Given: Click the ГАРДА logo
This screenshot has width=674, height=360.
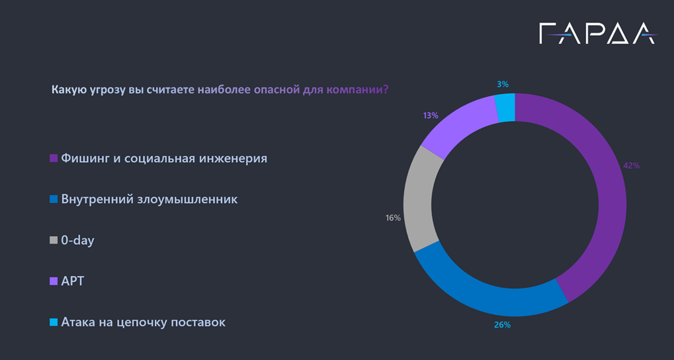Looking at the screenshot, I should click(597, 33).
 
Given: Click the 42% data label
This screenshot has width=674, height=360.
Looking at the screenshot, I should click(632, 165).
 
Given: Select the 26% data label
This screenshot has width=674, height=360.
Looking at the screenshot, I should click(502, 325).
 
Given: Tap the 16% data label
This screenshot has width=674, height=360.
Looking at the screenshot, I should click(393, 218).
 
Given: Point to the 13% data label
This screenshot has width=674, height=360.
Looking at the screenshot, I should click(431, 115).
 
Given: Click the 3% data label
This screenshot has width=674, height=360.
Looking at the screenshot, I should click(503, 84).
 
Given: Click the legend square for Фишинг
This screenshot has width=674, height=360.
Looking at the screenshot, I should click(54, 159).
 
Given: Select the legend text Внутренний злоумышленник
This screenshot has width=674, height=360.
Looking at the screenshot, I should click(149, 199).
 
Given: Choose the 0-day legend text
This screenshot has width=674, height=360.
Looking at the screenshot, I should click(77, 240).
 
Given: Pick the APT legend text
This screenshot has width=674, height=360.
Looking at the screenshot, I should click(73, 281).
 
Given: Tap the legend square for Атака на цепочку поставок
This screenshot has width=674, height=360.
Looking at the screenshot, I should click(54, 323).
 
